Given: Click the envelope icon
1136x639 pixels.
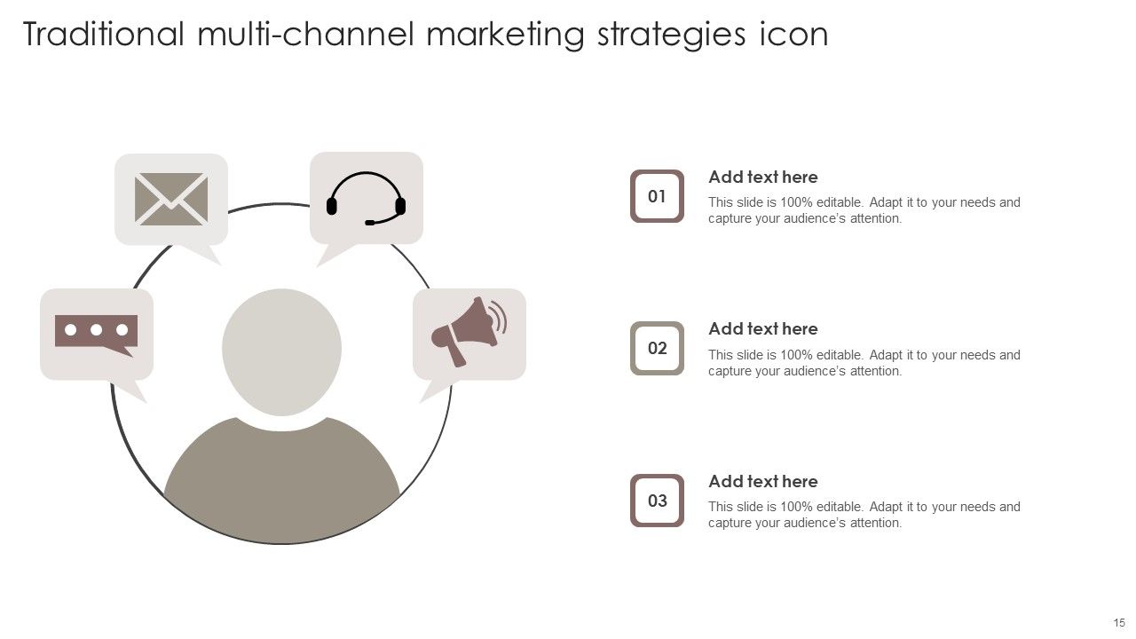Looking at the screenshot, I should pyautogui.click(x=171, y=199).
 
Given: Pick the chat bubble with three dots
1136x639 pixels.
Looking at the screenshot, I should pyautogui.click(x=96, y=333).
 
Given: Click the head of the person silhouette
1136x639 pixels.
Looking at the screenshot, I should pyautogui.click(x=281, y=352).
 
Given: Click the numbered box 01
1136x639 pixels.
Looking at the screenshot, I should pyautogui.click(x=657, y=196).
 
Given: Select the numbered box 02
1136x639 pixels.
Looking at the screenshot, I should pyautogui.click(x=657, y=348).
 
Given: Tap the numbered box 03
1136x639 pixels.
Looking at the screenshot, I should pyautogui.click(x=657, y=501).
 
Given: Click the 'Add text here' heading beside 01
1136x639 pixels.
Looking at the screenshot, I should pyautogui.click(x=762, y=177).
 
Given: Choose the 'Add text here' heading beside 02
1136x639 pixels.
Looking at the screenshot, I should pyautogui.click(x=762, y=329).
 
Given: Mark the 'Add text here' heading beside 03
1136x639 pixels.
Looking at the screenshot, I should pyautogui.click(x=762, y=482).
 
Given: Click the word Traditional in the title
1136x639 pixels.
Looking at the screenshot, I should pyautogui.click(x=104, y=35).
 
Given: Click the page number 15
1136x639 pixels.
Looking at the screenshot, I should pyautogui.click(x=1119, y=623).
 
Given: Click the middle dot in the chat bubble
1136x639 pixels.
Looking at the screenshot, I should pyautogui.click(x=96, y=330).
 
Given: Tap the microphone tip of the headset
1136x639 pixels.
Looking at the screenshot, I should pyautogui.click(x=370, y=222).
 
